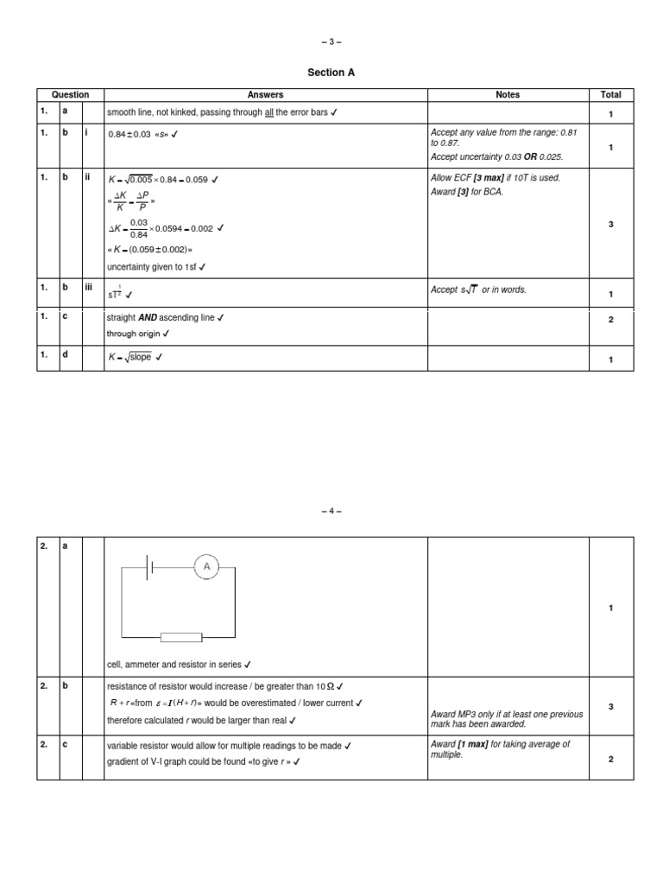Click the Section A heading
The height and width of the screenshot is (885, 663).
pyautogui.click(x=331, y=73)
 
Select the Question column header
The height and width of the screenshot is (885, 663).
pyautogui.click(x=70, y=95)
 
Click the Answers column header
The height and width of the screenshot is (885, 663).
pyautogui.click(x=265, y=95)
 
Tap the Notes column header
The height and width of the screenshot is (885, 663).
pyautogui.click(x=508, y=95)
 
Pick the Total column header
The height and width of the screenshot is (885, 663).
pyautogui.click(x=610, y=95)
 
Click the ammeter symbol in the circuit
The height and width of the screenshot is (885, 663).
pyautogui.click(x=206, y=567)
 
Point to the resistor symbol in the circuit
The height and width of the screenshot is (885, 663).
pyautogui.click(x=181, y=638)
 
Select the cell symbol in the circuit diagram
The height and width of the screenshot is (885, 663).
pyautogui.click(x=151, y=567)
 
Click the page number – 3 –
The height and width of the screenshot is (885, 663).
pyautogui.click(x=331, y=41)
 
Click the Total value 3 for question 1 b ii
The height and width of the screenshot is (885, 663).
pyautogui.click(x=610, y=224)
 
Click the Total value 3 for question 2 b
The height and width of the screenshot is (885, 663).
pyautogui.click(x=610, y=707)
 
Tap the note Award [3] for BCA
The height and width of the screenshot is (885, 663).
pyautogui.click(x=467, y=192)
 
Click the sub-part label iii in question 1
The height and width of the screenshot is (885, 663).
pyautogui.click(x=88, y=289)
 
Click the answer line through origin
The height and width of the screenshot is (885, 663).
pyautogui.click(x=138, y=334)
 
